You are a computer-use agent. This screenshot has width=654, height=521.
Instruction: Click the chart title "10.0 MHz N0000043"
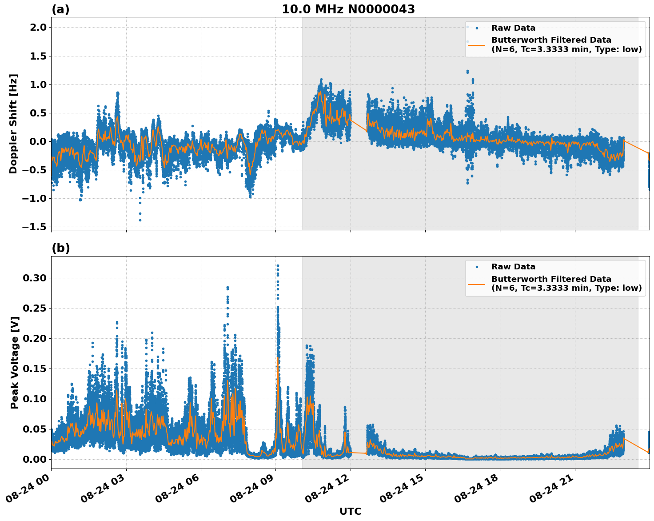pyautogui.click(x=348, y=9)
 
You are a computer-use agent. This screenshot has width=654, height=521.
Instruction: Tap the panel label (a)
pyautogui.click(x=60, y=9)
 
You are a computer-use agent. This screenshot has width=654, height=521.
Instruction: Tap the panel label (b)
pyautogui.click(x=61, y=248)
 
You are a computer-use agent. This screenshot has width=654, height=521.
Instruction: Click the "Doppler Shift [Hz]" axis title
pyautogui.click(x=13, y=124)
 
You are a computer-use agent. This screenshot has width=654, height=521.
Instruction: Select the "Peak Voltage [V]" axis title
pyautogui.click(x=15, y=362)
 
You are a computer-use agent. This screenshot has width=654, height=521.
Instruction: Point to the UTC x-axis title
pyautogui.click(x=350, y=512)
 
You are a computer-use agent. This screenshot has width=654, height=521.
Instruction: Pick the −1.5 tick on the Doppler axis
pyautogui.click(x=34, y=227)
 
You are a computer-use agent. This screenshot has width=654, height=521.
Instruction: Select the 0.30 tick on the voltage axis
pyautogui.click(x=34, y=278)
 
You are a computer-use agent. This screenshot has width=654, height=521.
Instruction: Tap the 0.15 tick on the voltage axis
pyautogui.click(x=34, y=369)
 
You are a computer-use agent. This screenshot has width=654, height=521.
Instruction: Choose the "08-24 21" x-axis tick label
pyautogui.click(x=552, y=489)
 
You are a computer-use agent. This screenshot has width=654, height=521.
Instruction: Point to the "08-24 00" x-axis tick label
pyautogui.click(x=28, y=489)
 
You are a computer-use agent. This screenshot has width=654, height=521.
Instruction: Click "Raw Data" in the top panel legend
pyautogui.click(x=513, y=28)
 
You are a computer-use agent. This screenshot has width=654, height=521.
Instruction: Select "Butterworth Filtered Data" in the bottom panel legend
pyautogui.click(x=551, y=279)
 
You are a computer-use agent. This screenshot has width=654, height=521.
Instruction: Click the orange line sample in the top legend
pyautogui.click(x=476, y=45)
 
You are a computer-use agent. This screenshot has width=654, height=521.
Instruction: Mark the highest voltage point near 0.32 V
pyautogui.click(x=278, y=266)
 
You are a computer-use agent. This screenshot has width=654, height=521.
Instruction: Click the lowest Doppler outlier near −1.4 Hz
pyautogui.click(x=140, y=220)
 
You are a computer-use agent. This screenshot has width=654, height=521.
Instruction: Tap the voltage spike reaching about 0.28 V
pyautogui.click(x=227, y=288)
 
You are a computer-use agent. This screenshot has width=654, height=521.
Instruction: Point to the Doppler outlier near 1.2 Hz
pyautogui.click(x=467, y=71)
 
